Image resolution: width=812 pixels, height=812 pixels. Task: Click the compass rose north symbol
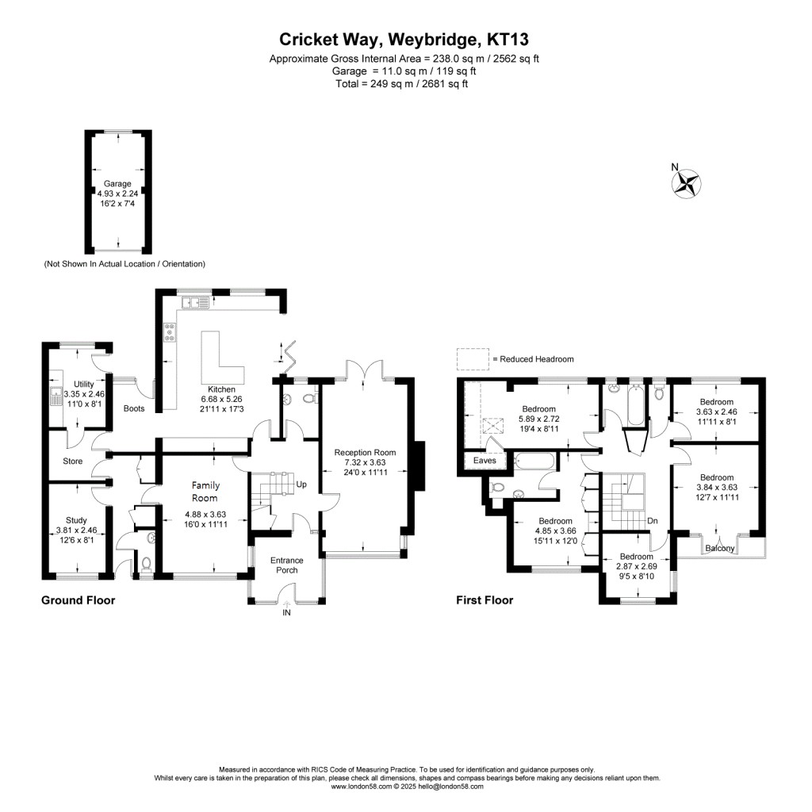point(687,182)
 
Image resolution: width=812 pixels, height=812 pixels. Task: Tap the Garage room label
point(117,184)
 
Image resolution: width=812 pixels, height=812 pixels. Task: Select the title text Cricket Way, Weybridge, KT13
point(405,40)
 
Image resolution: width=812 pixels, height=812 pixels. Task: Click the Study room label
point(78,520)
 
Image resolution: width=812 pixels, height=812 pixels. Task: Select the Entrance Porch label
point(287,565)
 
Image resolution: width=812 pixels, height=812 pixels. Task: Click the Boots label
point(134,409)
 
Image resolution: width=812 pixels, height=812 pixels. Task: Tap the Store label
point(73,462)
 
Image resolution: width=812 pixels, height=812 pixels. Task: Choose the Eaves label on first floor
point(484,461)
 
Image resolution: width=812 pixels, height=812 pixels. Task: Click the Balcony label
point(721,549)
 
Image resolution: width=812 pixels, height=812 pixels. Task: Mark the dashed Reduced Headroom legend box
point(473,359)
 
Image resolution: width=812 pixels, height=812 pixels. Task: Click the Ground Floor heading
point(78,600)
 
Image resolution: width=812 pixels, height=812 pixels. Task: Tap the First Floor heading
point(484,600)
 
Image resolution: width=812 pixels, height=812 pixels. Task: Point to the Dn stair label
point(652,521)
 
